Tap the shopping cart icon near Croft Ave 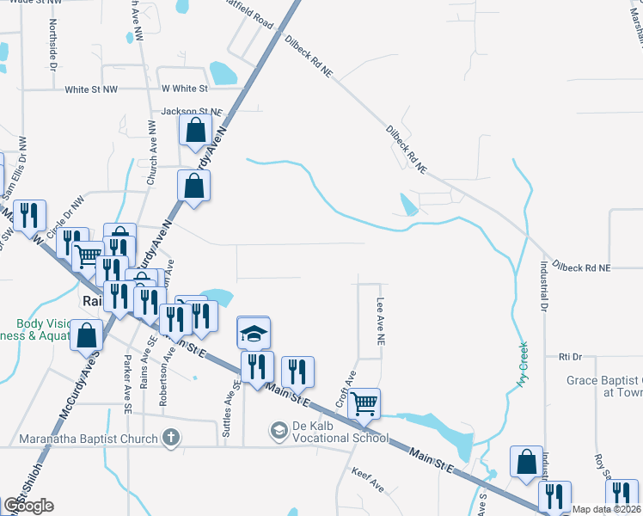[x=364, y=402]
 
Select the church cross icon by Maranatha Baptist [x=171, y=438]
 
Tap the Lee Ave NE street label [x=379, y=322]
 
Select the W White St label [x=184, y=89]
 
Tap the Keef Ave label [x=368, y=480]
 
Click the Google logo [x=28, y=506]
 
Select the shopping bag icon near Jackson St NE [x=195, y=131]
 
